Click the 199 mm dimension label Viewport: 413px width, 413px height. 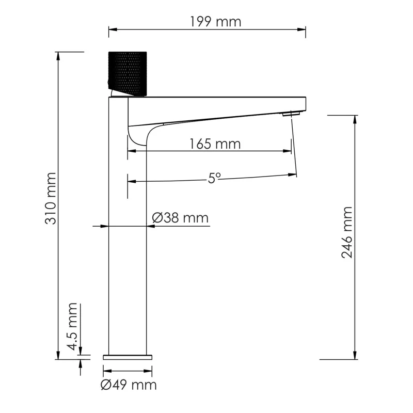(x=208, y=22)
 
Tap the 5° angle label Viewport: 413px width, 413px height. (x=214, y=178)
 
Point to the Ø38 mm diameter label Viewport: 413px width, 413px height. (x=180, y=218)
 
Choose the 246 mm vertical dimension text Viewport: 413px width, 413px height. (x=346, y=232)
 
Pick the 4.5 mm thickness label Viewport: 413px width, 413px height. (x=72, y=327)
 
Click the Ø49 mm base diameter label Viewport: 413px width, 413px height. (x=129, y=385)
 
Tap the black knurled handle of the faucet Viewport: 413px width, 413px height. (x=128, y=73)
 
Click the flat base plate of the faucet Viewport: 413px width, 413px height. (x=128, y=356)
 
